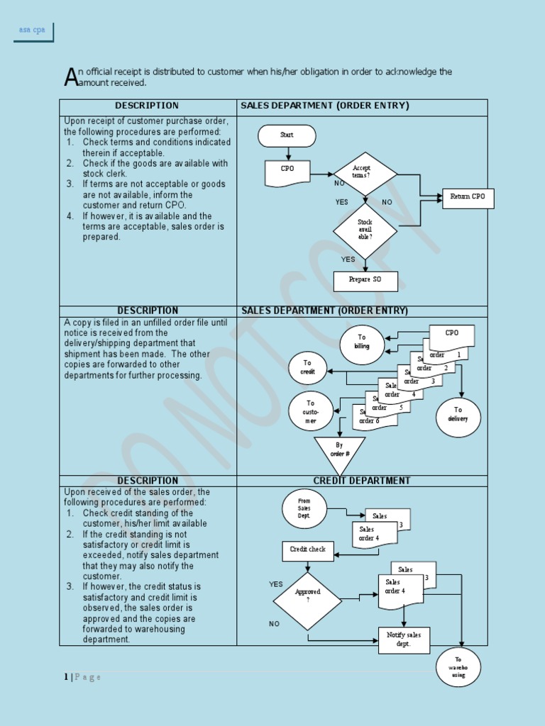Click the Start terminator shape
pyautogui.click(x=287, y=135)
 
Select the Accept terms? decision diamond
pyautogui.click(x=365, y=173)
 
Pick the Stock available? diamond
pyautogui.click(x=365, y=230)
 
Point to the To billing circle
pyautogui.click(x=362, y=344)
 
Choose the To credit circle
pyautogui.click(x=307, y=367)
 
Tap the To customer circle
pyautogui.click(x=310, y=411)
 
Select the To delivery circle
pyautogui.click(x=458, y=416)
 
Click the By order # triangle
pyautogui.click(x=339, y=451)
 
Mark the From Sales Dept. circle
pyautogui.click(x=304, y=508)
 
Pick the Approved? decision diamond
pyautogui.click(x=307, y=601)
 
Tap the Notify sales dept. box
pyautogui.click(x=404, y=640)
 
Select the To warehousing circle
pyautogui.click(x=458, y=667)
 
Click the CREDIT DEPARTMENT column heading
pyautogui.click(x=362, y=481)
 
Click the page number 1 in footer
pyautogui.click(x=66, y=677)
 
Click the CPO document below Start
pyautogui.click(x=287, y=171)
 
